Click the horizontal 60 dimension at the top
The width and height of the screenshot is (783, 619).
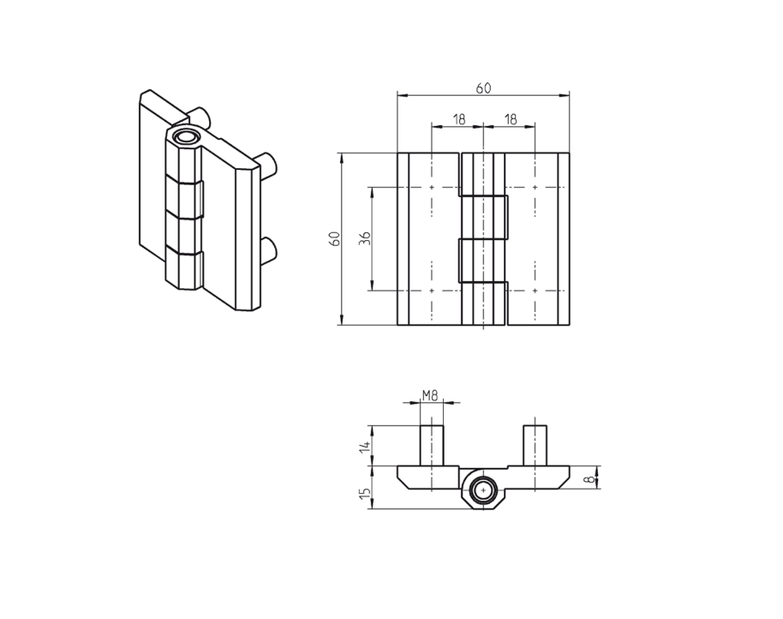pyautogui.click(x=483, y=87)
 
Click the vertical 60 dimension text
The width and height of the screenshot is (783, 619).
pyautogui.click(x=336, y=239)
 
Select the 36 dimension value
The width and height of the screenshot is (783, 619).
pyautogui.click(x=365, y=239)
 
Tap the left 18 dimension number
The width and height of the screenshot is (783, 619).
pyautogui.click(x=458, y=119)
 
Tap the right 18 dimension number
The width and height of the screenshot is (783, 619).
pyautogui.click(x=510, y=119)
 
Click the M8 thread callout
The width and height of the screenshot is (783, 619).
pyautogui.click(x=431, y=395)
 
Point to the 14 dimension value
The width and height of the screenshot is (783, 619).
pyautogui.click(x=365, y=446)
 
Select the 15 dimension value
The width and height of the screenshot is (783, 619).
pyautogui.click(x=365, y=492)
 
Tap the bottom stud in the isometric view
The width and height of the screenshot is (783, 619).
pyautogui.click(x=269, y=249)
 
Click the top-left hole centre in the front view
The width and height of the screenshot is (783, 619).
pyautogui.click(x=432, y=187)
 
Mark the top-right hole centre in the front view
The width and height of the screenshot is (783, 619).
pyautogui.click(x=535, y=187)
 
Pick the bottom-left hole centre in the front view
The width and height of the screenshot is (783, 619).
pyautogui.click(x=432, y=291)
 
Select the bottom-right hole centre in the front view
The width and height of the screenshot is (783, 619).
pyautogui.click(x=535, y=291)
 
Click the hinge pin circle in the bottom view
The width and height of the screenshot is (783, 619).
pyautogui.click(x=484, y=490)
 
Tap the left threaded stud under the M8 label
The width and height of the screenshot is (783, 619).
pyautogui.click(x=431, y=444)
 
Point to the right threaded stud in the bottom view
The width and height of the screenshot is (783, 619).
pyautogui.click(x=535, y=444)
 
